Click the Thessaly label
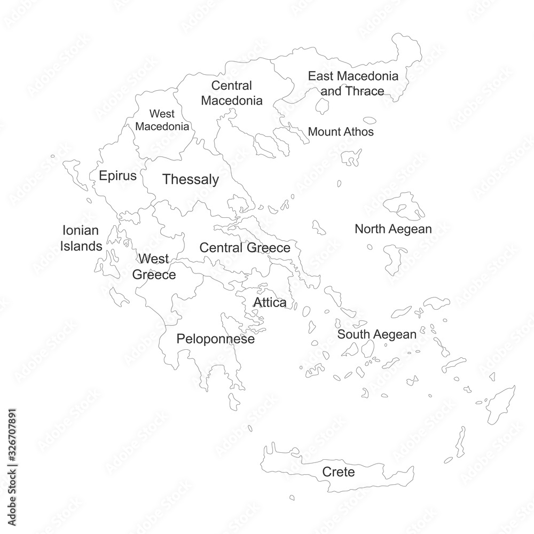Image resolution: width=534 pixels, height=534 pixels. click(191, 179)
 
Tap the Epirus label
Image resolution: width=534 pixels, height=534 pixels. click(118, 176)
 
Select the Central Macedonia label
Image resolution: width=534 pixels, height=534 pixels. click(232, 93)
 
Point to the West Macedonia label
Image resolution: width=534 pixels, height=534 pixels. click(162, 120)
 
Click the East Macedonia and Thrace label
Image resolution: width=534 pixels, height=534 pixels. click(353, 83)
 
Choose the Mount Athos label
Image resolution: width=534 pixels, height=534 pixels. click(341, 131)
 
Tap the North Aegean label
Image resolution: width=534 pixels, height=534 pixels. click(393, 229)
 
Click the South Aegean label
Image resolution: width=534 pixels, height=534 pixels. click(376, 335)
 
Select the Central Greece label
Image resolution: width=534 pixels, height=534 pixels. click(245, 248)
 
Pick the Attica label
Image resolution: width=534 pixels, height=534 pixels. click(270, 303)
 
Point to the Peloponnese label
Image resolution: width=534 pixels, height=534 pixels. click(215, 339)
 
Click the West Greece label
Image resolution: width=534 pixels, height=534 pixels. click(154, 267)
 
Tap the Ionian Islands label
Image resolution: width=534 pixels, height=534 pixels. click(81, 239)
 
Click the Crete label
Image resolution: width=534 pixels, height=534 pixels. click(338, 472)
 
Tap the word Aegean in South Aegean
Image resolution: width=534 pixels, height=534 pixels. click(394, 335)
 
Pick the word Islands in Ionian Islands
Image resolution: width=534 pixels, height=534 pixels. click(81, 246)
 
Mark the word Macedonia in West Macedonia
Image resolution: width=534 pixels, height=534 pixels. click(162, 127)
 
